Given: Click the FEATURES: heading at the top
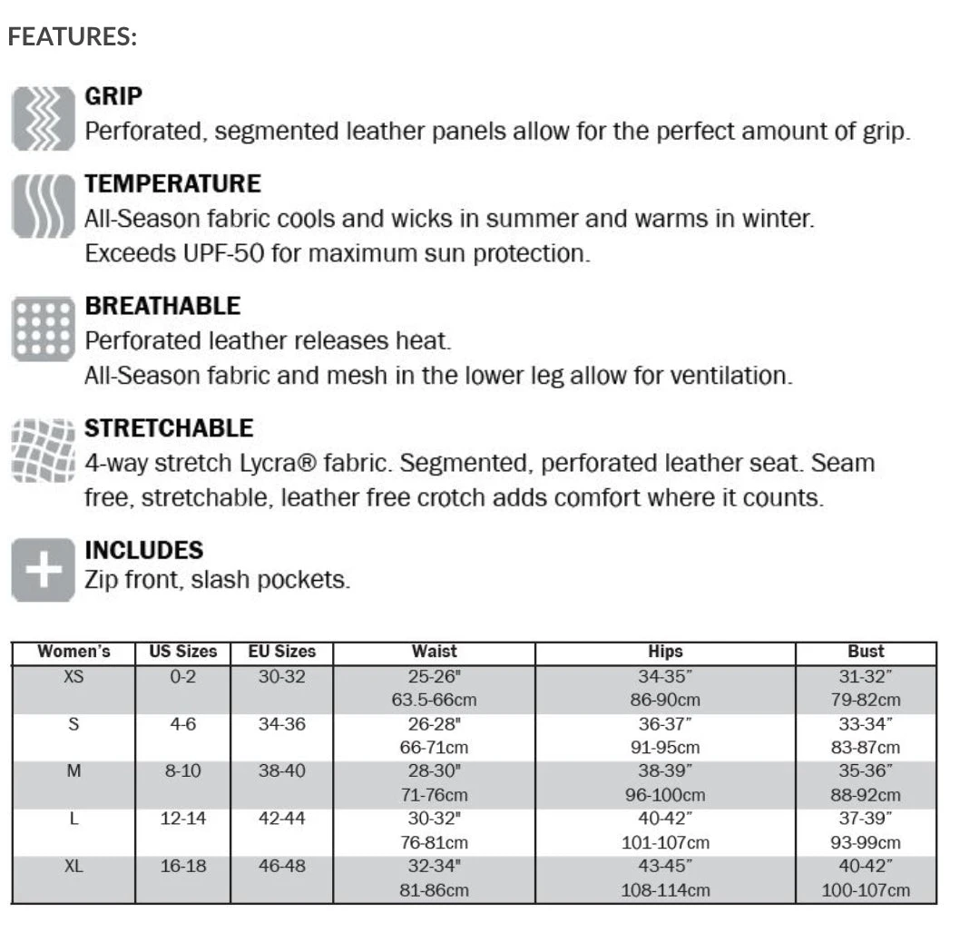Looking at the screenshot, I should coord(73,38).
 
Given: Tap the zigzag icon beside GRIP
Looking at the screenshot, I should coord(42,119).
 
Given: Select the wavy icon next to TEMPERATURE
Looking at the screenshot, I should coord(42,207).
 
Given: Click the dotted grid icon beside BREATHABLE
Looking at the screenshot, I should coord(42,329).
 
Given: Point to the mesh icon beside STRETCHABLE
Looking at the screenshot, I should coord(42,450).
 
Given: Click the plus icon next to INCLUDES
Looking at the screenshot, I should coord(42,570).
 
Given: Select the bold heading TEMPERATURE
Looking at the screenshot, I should coord(172,184).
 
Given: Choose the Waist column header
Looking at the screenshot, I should coord(434,652).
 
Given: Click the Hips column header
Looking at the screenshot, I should coord(665,652).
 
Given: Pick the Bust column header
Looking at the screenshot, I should coord(865,652).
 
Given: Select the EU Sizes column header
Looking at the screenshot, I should coord(281,652).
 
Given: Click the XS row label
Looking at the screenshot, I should coord(73,676).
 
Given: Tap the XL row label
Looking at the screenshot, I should coord(73,867).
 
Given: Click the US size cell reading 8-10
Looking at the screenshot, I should coord(183,771).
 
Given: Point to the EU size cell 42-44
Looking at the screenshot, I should coord(281,819).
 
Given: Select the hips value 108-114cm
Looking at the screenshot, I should coord(665,890).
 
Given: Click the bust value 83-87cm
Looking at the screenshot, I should coord(865,748).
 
